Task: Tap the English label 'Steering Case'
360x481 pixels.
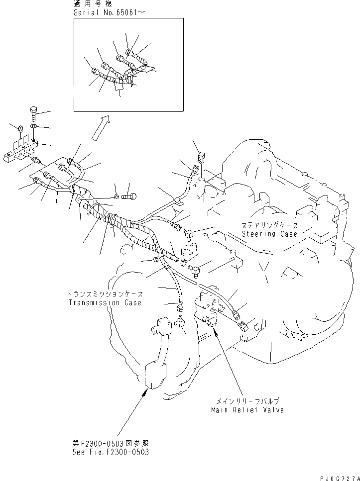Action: (x=269, y=233)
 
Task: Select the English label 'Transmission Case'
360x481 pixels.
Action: (x=105, y=302)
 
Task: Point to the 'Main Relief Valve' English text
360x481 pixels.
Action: (x=247, y=410)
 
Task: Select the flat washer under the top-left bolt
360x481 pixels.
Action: (x=33, y=127)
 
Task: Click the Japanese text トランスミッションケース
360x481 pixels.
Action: (x=105, y=293)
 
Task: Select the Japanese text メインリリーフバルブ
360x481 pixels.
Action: (x=247, y=401)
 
